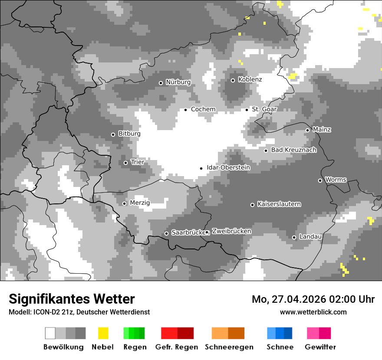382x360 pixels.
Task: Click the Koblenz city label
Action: point(250,80)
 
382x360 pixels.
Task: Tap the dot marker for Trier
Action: point(126,163)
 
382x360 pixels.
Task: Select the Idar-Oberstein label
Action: point(228,167)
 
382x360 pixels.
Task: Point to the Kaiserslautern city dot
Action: point(252,205)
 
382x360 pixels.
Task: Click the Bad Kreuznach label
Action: point(293,150)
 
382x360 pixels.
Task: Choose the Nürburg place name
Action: point(178,82)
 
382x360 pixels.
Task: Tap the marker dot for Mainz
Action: point(307,130)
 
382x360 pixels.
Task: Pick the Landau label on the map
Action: point(310,237)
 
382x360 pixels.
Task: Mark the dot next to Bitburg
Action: point(113,134)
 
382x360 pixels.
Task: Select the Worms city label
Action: point(336,180)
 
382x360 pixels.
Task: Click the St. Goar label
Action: point(264,109)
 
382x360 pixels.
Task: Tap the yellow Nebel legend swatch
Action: point(103,333)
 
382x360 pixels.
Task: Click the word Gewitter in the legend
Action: point(320,347)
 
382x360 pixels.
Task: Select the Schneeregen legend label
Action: point(229,347)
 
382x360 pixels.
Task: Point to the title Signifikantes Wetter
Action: point(72,299)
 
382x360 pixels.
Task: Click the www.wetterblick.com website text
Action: point(313,312)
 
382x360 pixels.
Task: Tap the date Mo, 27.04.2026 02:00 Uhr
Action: point(313,299)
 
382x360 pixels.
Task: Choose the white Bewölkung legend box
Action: point(50,333)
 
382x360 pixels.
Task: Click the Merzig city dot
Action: point(124,203)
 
